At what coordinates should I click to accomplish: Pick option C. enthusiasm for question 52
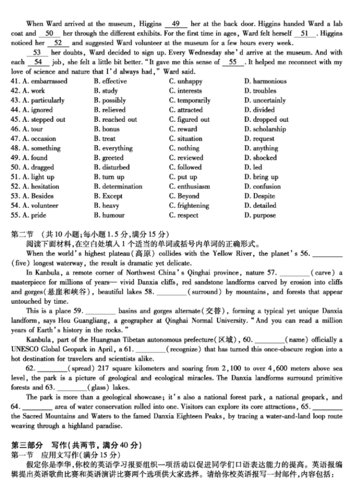click(x=189, y=186)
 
